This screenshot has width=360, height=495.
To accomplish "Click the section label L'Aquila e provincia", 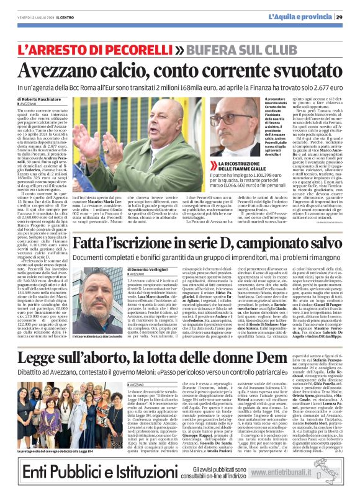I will point(301,16).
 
